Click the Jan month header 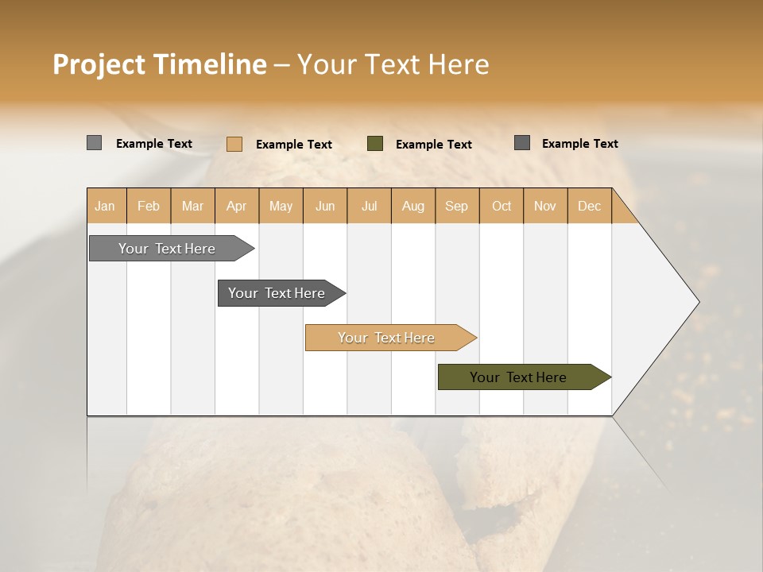(x=105, y=206)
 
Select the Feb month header (x=149, y=206)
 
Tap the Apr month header (x=236, y=206)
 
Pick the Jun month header (x=325, y=206)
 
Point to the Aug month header (x=413, y=206)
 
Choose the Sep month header (x=456, y=206)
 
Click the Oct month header (x=502, y=206)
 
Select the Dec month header (x=589, y=206)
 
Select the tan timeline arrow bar (x=387, y=338)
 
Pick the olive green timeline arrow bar (x=519, y=377)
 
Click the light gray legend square (x=94, y=143)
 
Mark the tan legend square (x=234, y=144)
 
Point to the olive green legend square (x=375, y=143)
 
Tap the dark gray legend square (x=522, y=142)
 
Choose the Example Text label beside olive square (x=433, y=145)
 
